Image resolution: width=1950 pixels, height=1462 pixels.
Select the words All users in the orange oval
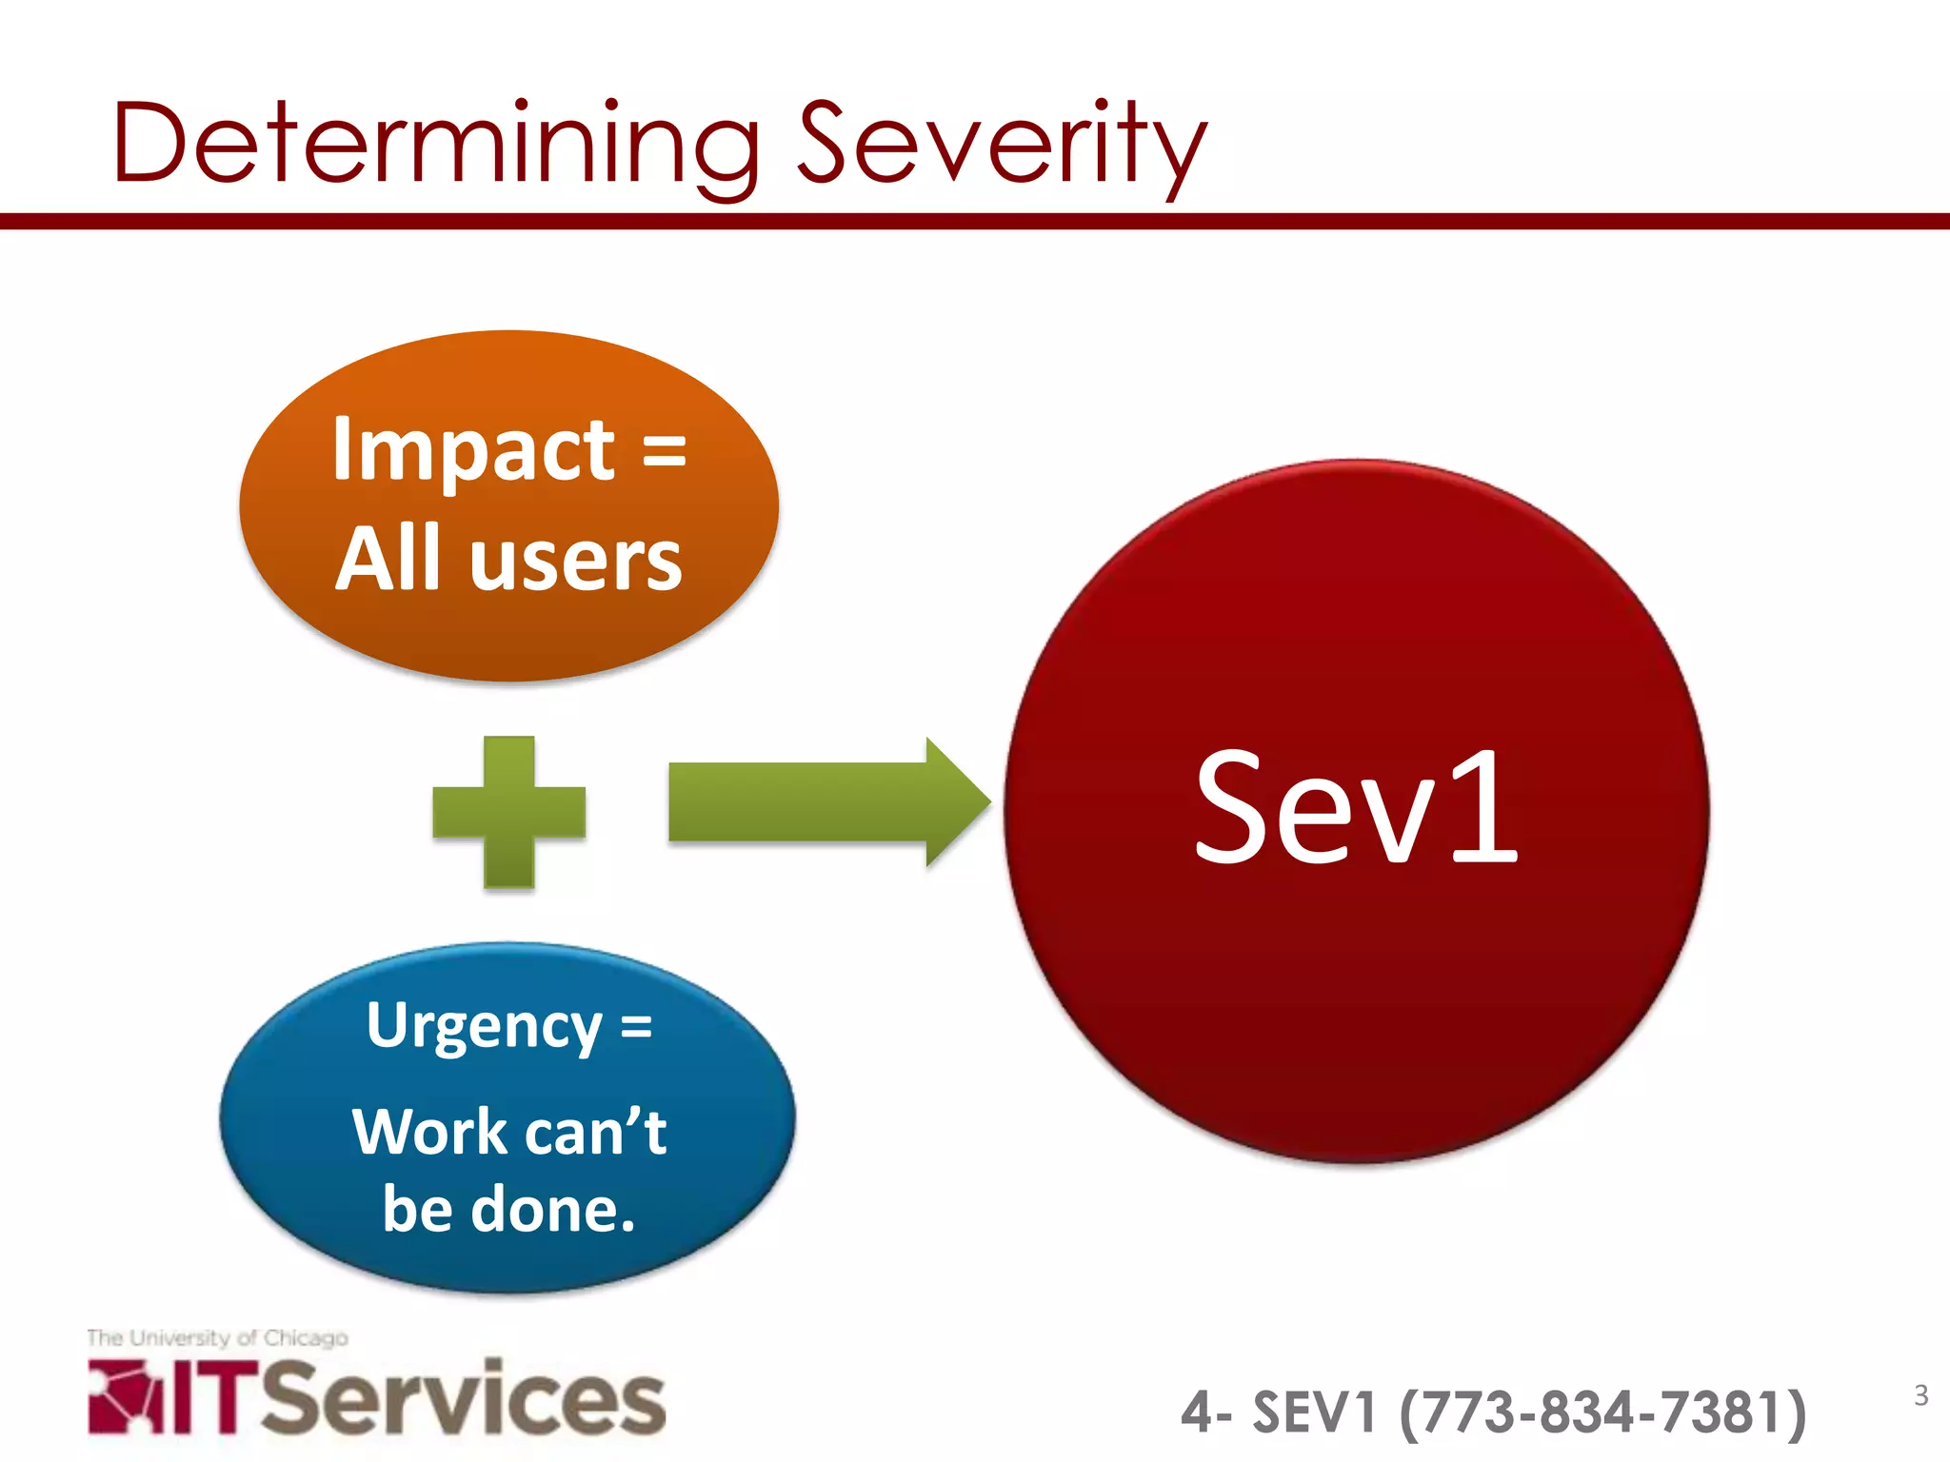tap(509, 560)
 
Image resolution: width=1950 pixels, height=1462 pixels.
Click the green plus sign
tap(509, 812)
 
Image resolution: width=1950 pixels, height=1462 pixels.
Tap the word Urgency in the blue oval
tap(484, 1026)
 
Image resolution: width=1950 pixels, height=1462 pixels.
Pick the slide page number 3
tap(1920, 1395)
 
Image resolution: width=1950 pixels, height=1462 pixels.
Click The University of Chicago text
tap(217, 1337)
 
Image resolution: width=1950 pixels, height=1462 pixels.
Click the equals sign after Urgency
tap(636, 1026)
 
